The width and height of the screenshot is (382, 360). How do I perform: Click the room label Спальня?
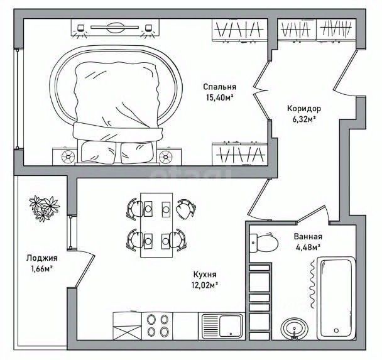coord(219,87)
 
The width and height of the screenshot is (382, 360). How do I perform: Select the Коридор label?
coord(305,108)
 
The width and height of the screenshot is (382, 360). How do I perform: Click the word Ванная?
coord(308,237)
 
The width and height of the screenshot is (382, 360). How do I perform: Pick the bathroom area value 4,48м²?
coord(307,247)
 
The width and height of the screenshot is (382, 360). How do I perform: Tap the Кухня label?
coord(205,275)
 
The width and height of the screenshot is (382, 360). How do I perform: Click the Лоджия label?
coord(42,258)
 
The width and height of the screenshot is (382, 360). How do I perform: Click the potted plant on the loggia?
coord(44,208)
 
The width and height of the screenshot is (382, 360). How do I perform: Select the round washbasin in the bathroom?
coord(294,329)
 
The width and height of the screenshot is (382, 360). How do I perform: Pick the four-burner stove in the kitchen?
coord(158,325)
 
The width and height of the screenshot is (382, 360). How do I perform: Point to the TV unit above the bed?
coord(114,28)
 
